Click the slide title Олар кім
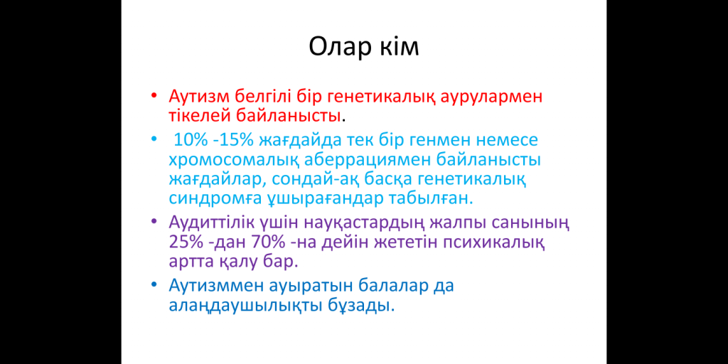[x=364, y=47]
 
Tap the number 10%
[x=188, y=139]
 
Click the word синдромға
[x=215, y=200]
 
